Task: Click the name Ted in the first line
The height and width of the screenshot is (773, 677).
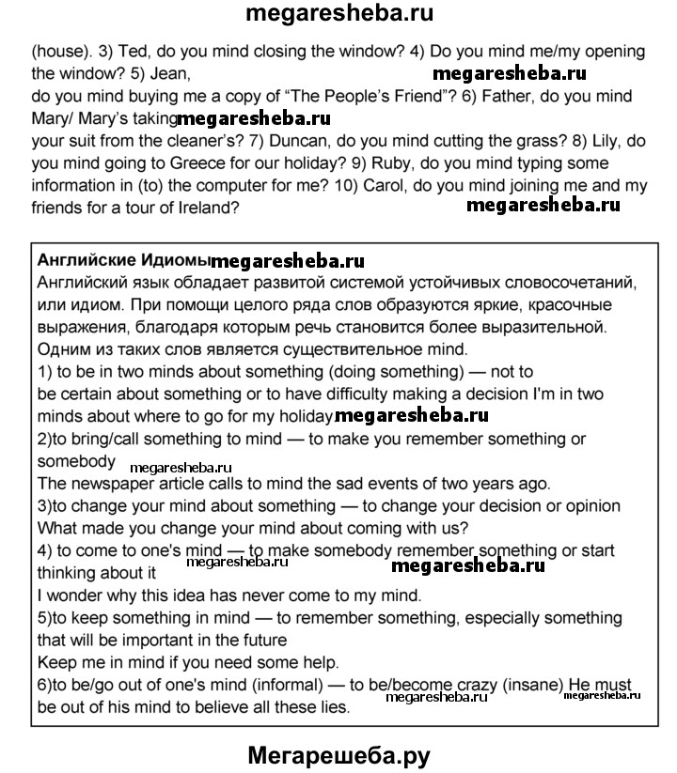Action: tap(128, 51)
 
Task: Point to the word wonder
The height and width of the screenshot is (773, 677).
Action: tap(77, 595)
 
